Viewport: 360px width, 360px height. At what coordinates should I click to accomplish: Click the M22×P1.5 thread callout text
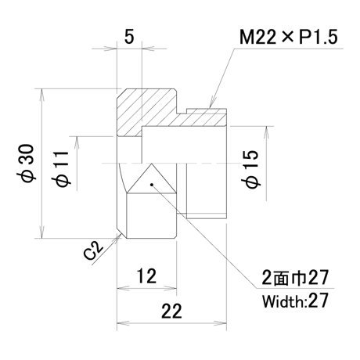click(x=289, y=37)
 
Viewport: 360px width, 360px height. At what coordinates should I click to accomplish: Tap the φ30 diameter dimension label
click(x=27, y=164)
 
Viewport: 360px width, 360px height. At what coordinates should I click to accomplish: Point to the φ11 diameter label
click(x=63, y=168)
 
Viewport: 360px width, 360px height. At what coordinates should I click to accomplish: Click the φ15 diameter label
click(x=252, y=169)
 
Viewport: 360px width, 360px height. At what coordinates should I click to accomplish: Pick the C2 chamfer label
click(x=93, y=250)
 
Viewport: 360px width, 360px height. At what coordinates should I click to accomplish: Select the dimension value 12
click(x=146, y=276)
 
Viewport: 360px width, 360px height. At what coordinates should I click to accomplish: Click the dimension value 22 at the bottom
click(x=171, y=311)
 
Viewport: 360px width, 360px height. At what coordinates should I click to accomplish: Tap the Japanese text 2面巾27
click(x=295, y=278)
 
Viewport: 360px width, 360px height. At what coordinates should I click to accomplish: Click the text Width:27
click(x=295, y=301)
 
